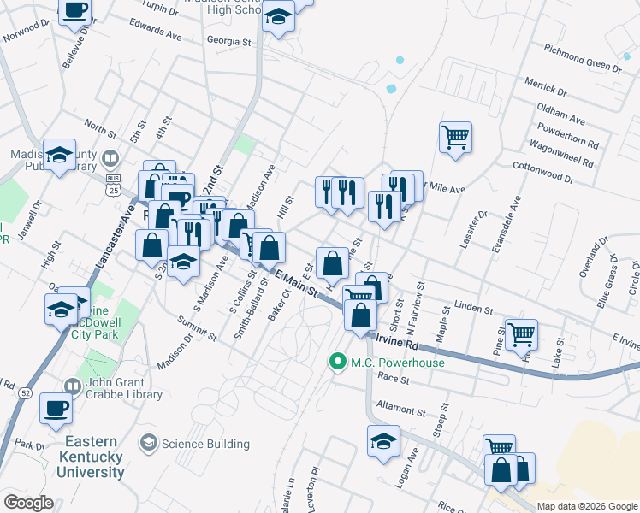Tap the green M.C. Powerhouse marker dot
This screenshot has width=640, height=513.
338,363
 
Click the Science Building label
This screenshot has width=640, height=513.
205,444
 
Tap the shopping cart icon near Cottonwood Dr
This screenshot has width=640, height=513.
455,136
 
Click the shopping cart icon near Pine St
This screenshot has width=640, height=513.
521,333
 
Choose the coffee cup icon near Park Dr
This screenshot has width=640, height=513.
56,408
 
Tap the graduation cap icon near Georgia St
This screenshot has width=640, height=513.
278,17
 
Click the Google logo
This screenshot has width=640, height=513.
28,503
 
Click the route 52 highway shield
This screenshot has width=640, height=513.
27,392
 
